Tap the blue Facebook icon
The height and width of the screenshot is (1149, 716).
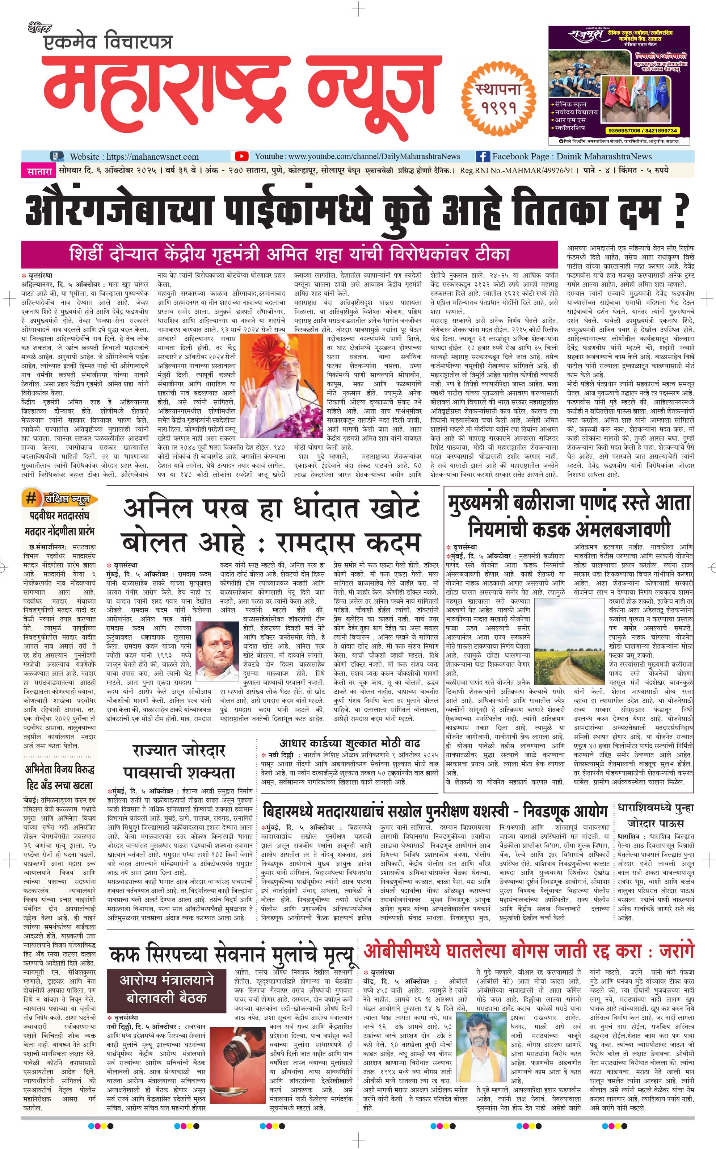pos(482,156)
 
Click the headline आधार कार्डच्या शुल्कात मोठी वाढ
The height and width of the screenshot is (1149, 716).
pos(349,743)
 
